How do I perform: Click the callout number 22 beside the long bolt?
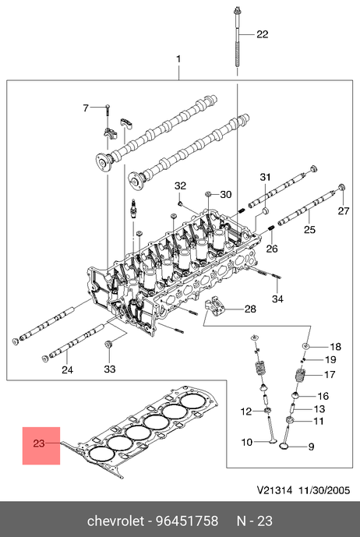tap(263, 34)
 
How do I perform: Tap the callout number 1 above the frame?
tap(178, 59)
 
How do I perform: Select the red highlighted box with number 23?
tap(41, 446)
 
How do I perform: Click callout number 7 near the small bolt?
tap(86, 108)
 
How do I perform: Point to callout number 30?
tap(226, 195)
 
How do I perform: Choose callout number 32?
tap(180, 186)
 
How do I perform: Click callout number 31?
tap(265, 177)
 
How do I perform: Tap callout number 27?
tap(344, 211)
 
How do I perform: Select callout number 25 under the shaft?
tap(309, 229)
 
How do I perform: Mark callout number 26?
tap(272, 249)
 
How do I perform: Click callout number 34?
tap(278, 299)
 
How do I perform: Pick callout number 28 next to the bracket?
tap(250, 309)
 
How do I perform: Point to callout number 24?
tap(68, 369)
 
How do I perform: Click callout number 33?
tap(110, 369)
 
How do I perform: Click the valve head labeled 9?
tap(284, 447)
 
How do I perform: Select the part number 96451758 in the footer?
tap(187, 521)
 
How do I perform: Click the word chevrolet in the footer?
tap(115, 521)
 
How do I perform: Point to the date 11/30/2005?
tap(324, 490)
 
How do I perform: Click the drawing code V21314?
tap(274, 490)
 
